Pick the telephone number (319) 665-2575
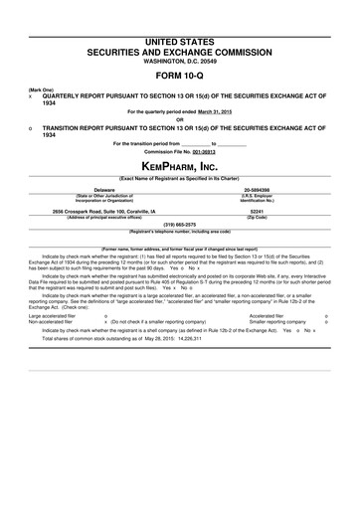pyautogui.click(x=179, y=225)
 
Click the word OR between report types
pyautogui.click(x=179, y=121)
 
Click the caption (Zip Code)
pyautogui.click(x=257, y=217)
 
